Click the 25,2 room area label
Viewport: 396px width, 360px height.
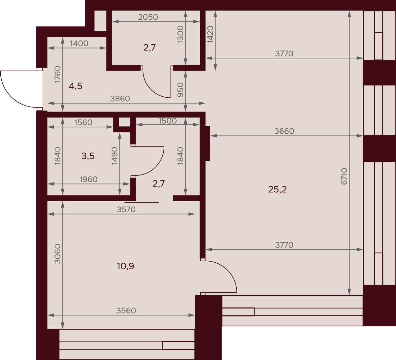(x=277, y=190)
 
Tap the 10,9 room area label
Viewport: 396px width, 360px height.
(x=125, y=266)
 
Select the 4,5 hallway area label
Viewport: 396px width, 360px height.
(x=76, y=86)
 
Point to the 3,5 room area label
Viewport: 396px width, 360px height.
(x=88, y=156)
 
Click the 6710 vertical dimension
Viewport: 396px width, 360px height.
(x=344, y=176)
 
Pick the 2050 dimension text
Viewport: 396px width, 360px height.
(x=148, y=17)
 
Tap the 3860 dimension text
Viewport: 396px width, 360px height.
(x=120, y=99)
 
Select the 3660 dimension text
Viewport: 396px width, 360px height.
(x=284, y=131)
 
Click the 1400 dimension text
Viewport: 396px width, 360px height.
(x=79, y=44)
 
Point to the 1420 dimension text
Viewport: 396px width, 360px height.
(x=210, y=34)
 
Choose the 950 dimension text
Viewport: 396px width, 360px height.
(x=181, y=90)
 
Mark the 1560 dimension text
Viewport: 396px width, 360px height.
(x=83, y=123)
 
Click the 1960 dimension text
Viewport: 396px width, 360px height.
(x=88, y=180)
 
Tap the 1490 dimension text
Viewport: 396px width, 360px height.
(x=115, y=156)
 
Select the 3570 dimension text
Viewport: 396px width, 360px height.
(x=126, y=210)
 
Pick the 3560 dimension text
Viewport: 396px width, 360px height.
(x=126, y=311)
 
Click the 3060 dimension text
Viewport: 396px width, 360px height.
(x=57, y=254)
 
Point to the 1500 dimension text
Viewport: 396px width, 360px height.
(x=168, y=121)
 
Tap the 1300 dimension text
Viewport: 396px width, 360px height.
(x=181, y=35)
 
